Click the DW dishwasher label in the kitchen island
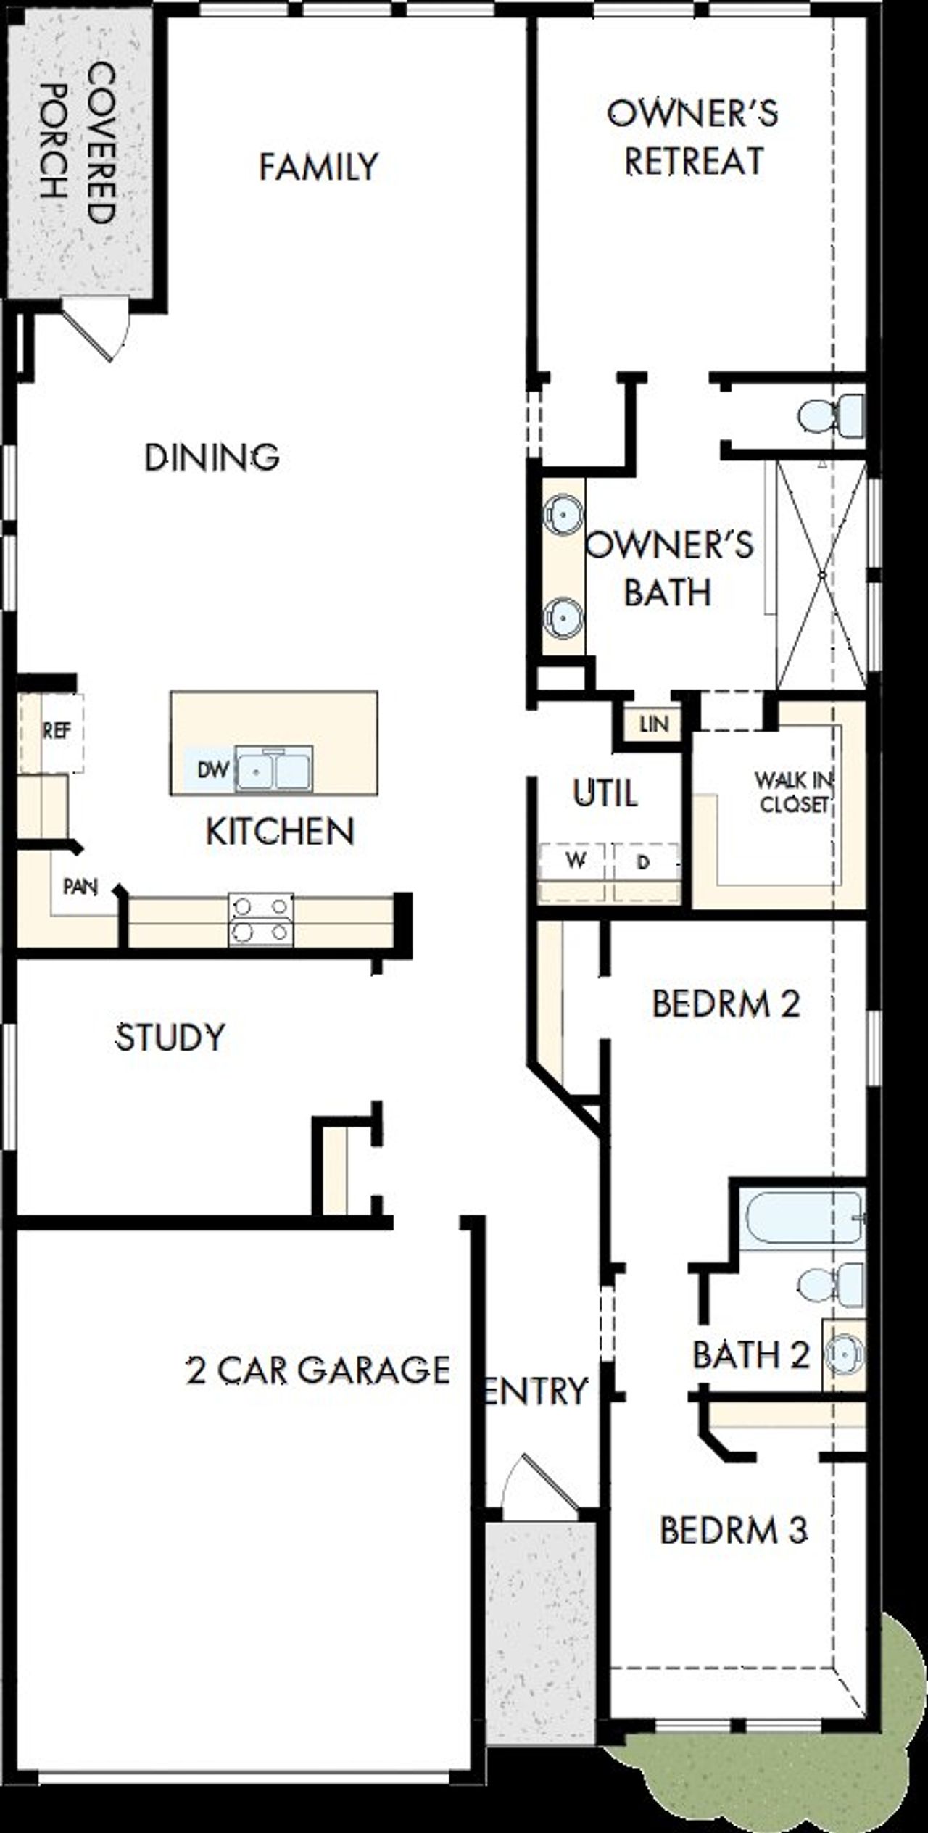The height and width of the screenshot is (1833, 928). pyautogui.click(x=213, y=769)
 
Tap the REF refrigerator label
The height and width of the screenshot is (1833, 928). pyautogui.click(x=57, y=731)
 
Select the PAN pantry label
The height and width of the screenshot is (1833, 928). pyautogui.click(x=80, y=886)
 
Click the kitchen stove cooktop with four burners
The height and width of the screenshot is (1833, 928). pyautogui.click(x=261, y=919)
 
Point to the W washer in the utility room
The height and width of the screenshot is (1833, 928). pyautogui.click(x=575, y=861)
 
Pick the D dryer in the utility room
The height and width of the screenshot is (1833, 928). pyautogui.click(x=642, y=863)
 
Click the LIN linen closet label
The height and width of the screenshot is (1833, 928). pyautogui.click(x=654, y=724)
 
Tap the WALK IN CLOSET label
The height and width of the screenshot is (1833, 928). pyautogui.click(x=794, y=792)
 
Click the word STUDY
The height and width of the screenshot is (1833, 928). pyautogui.click(x=170, y=1037)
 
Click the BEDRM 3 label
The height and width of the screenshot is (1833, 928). pyautogui.click(x=734, y=1530)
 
